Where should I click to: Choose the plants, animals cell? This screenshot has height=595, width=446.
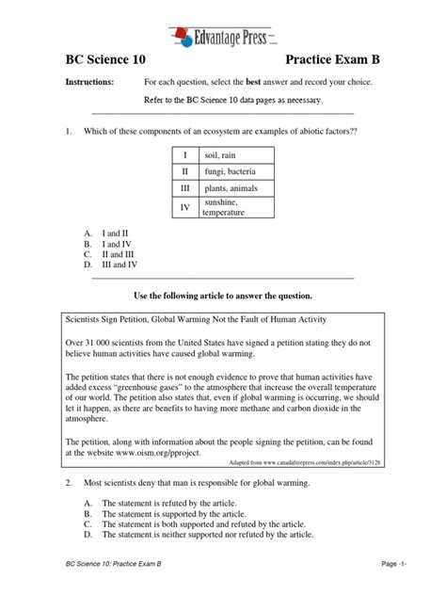(231, 189)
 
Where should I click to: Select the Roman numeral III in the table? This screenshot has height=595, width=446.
(185, 189)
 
